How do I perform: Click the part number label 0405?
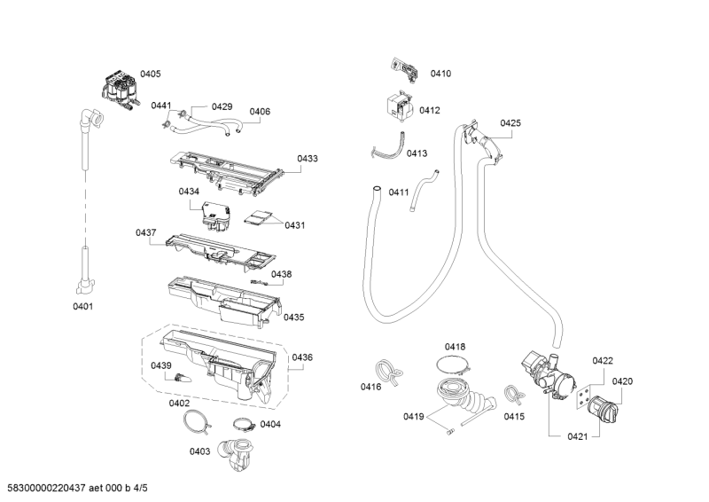(151, 74)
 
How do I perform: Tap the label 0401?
(82, 307)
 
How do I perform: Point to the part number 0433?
(308, 159)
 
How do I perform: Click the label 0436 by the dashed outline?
(302, 357)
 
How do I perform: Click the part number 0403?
(199, 451)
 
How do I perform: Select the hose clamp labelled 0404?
(244, 423)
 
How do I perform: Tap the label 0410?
(440, 74)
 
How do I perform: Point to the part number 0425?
(510, 123)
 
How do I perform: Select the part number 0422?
(603, 361)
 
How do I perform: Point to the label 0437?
(146, 232)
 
